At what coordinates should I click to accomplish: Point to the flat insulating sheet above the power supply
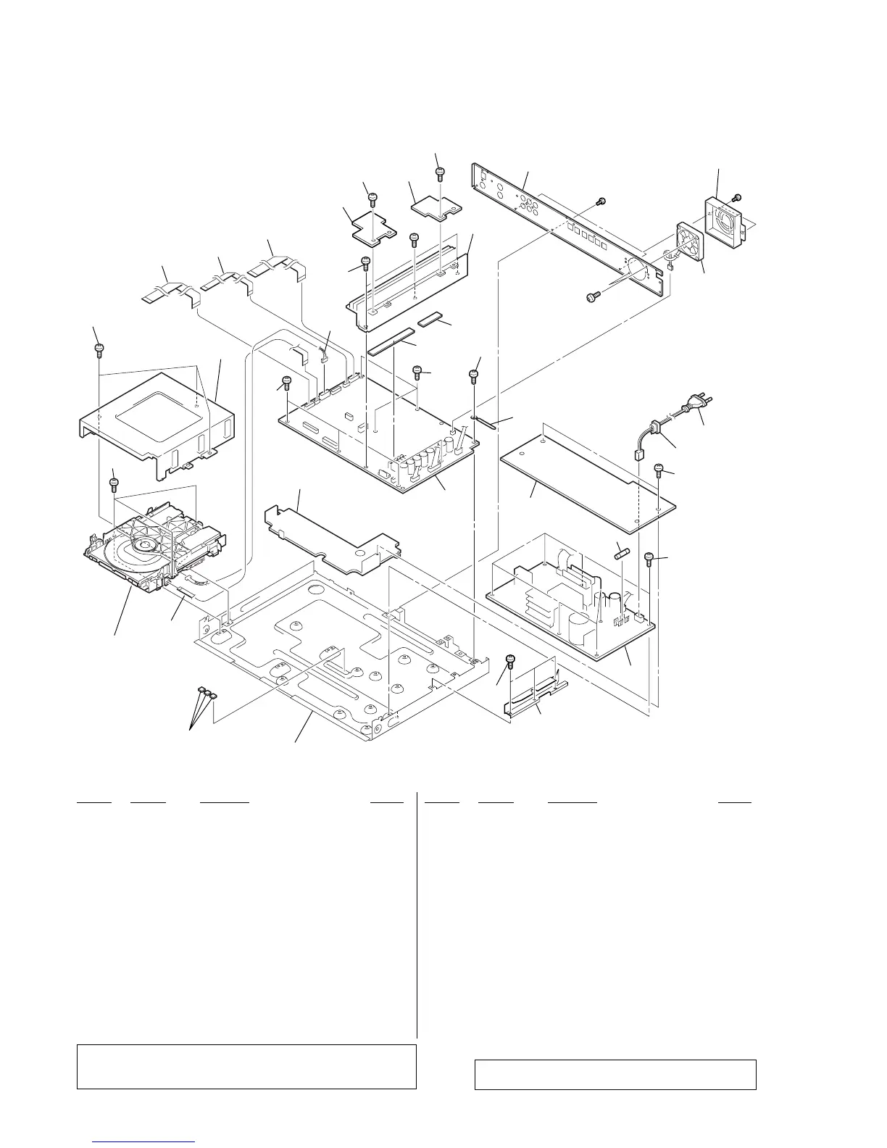coord(587,479)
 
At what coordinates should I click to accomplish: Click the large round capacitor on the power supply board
coord(583,627)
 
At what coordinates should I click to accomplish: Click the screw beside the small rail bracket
coord(510,660)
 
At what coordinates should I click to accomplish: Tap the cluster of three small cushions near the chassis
coord(207,694)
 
